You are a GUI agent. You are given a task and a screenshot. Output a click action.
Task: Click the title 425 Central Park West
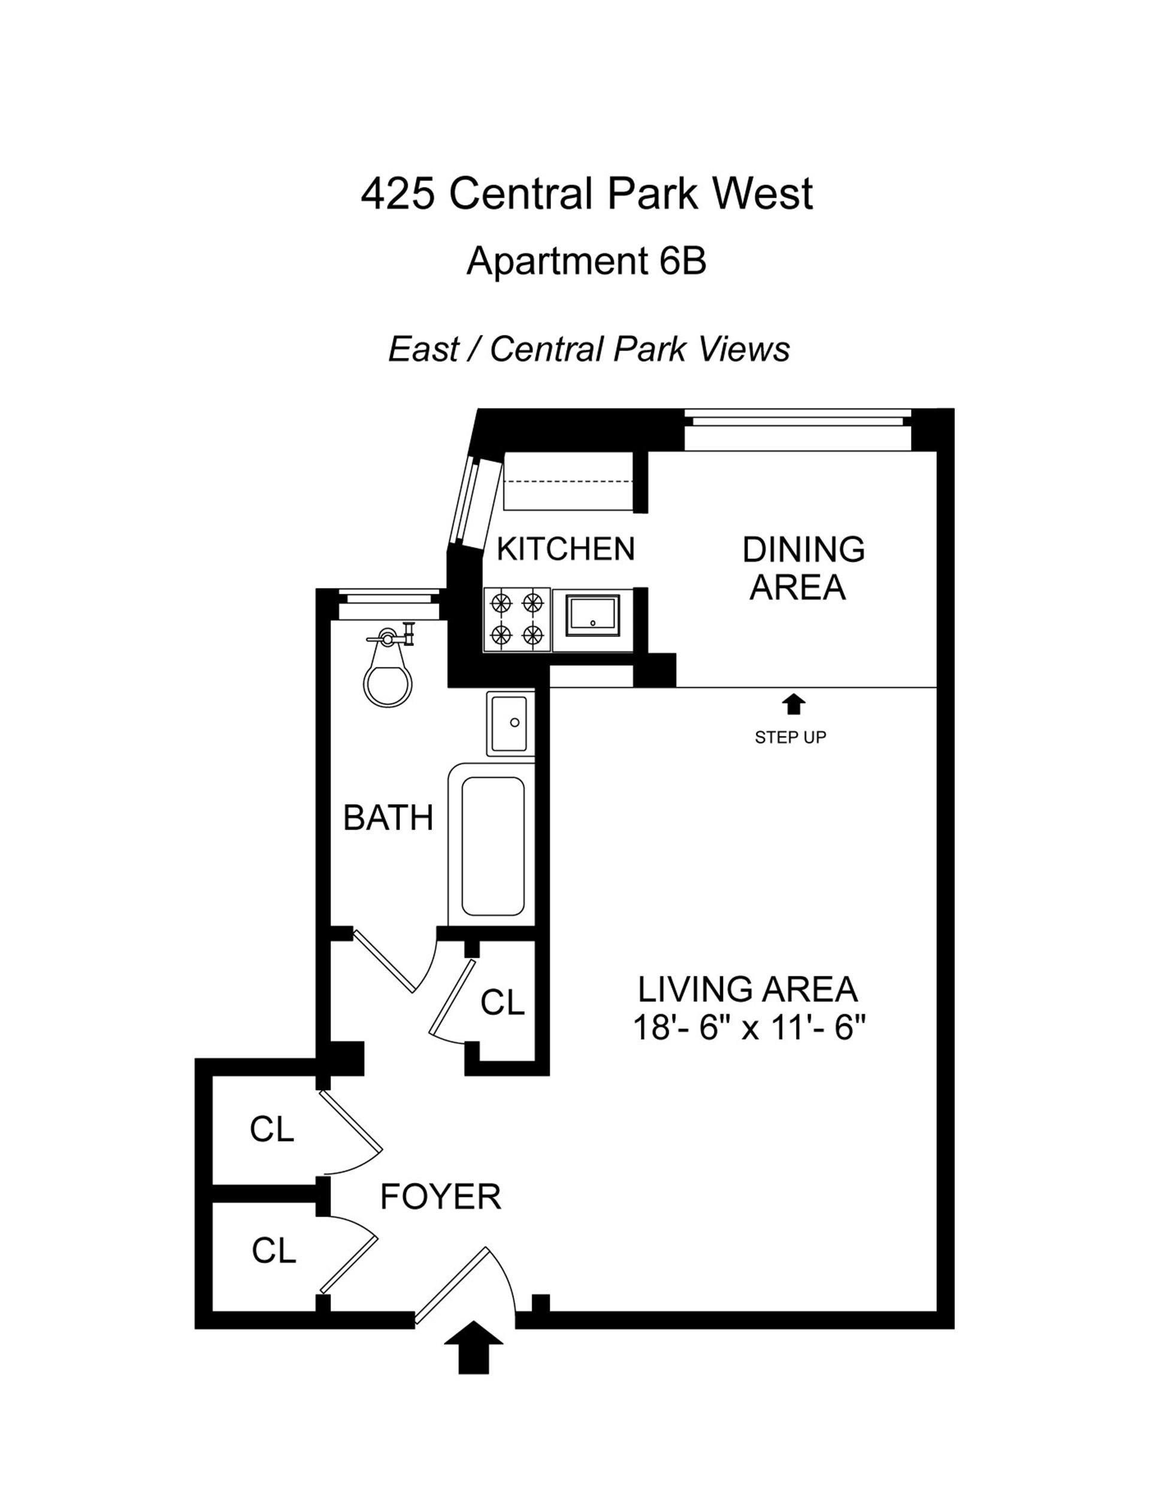point(586,194)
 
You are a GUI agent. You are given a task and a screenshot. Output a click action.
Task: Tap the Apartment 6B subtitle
point(586,261)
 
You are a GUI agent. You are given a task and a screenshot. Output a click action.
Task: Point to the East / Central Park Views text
point(588,350)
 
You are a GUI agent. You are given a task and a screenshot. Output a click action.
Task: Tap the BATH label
point(388,818)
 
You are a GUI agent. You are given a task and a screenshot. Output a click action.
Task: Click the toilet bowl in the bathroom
point(389,683)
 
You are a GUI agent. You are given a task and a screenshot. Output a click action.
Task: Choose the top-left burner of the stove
point(501,603)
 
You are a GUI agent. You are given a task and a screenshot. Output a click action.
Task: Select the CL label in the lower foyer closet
point(273,1251)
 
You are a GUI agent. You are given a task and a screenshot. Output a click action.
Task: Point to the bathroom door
point(384,963)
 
